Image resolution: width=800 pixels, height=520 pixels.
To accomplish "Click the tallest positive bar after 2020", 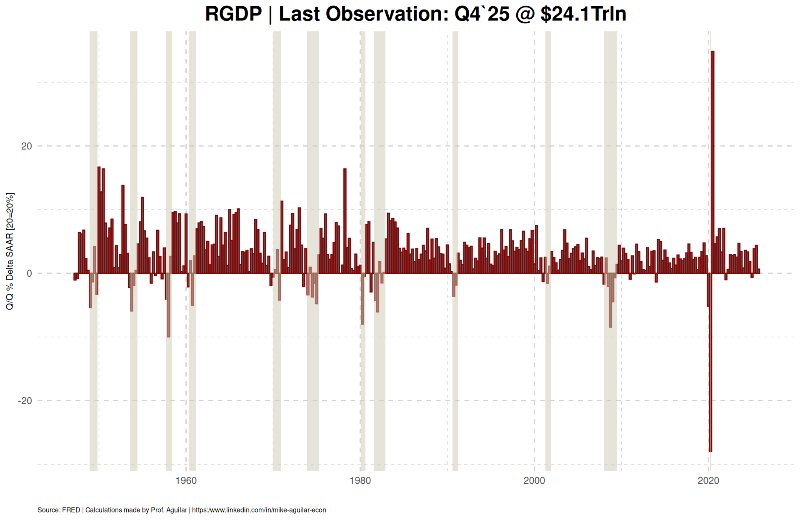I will (x=712, y=162).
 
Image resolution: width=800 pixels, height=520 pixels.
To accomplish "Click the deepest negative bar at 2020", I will (x=710, y=362).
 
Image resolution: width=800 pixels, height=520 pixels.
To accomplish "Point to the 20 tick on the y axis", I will (x=27, y=146).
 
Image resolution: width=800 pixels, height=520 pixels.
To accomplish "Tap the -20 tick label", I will (x=25, y=401).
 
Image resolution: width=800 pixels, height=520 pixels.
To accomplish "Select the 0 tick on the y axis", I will (x=29, y=274).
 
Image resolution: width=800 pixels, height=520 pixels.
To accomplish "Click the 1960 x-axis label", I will (x=186, y=481).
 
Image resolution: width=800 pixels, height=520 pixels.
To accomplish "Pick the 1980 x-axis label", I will (x=360, y=481).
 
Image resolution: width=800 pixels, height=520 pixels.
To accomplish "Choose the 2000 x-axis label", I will (x=534, y=481).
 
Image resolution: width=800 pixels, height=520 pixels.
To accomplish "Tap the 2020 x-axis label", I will (x=708, y=481).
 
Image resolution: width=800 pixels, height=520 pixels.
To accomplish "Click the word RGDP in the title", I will (x=233, y=14).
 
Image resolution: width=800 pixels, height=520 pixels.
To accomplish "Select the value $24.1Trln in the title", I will (x=583, y=14).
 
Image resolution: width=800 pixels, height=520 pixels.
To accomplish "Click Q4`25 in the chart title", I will (x=482, y=14).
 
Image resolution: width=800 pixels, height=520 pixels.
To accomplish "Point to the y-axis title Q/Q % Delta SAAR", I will (x=10, y=251).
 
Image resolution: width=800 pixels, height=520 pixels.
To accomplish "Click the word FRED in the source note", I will (x=71, y=510).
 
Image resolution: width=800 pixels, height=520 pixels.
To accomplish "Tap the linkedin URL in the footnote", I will (x=259, y=510).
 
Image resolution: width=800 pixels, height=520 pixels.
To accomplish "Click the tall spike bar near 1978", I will (x=345, y=221).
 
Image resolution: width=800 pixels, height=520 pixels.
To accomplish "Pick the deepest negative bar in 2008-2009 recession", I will (x=610, y=300).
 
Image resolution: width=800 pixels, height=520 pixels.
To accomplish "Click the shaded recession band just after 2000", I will (x=548, y=250).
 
